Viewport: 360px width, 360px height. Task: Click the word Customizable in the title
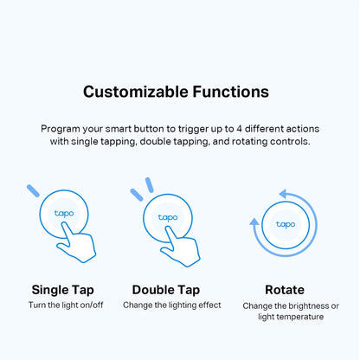click(129, 91)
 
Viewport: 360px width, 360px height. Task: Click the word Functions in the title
click(226, 91)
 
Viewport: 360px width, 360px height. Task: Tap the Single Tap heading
click(62, 289)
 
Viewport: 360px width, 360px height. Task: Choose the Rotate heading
click(285, 289)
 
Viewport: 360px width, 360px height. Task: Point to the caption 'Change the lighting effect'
click(171, 305)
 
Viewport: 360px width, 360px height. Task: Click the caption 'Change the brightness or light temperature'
click(291, 312)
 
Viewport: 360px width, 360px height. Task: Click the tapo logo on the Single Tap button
click(64, 212)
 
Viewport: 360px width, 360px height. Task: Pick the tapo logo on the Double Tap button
click(168, 216)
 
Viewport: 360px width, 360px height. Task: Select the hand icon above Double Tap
click(183, 246)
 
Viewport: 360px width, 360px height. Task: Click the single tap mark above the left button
click(33, 190)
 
